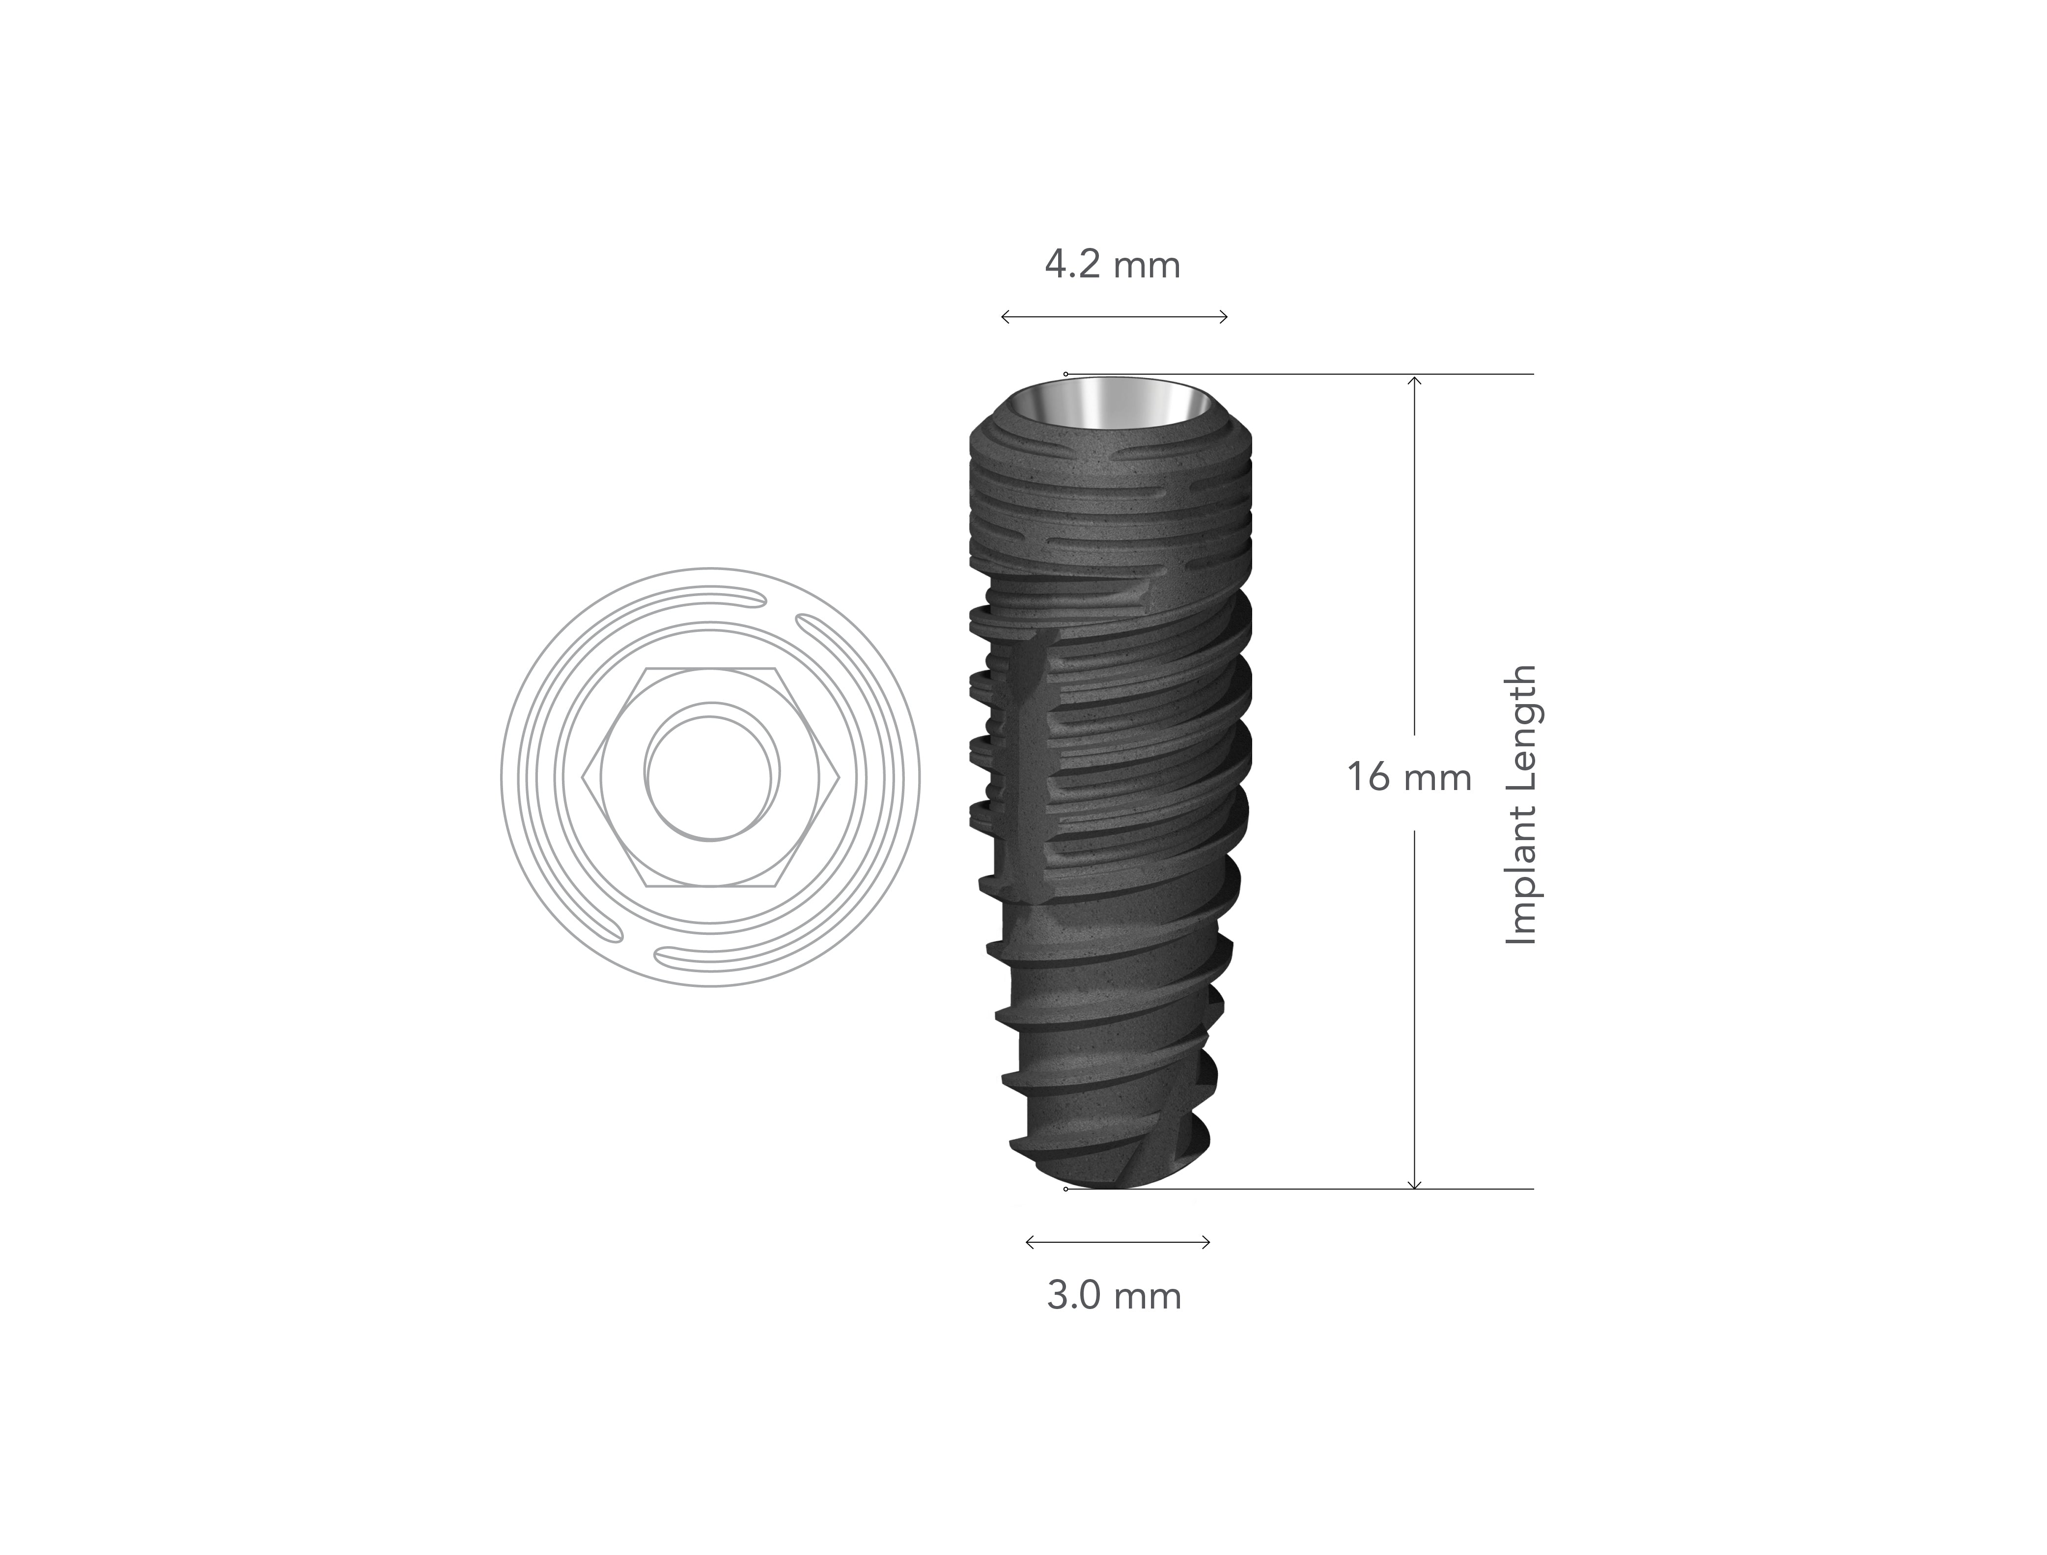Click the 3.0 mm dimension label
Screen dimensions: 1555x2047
1114,1296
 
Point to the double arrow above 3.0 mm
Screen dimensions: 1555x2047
1118,1242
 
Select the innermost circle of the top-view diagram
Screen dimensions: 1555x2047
711,777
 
